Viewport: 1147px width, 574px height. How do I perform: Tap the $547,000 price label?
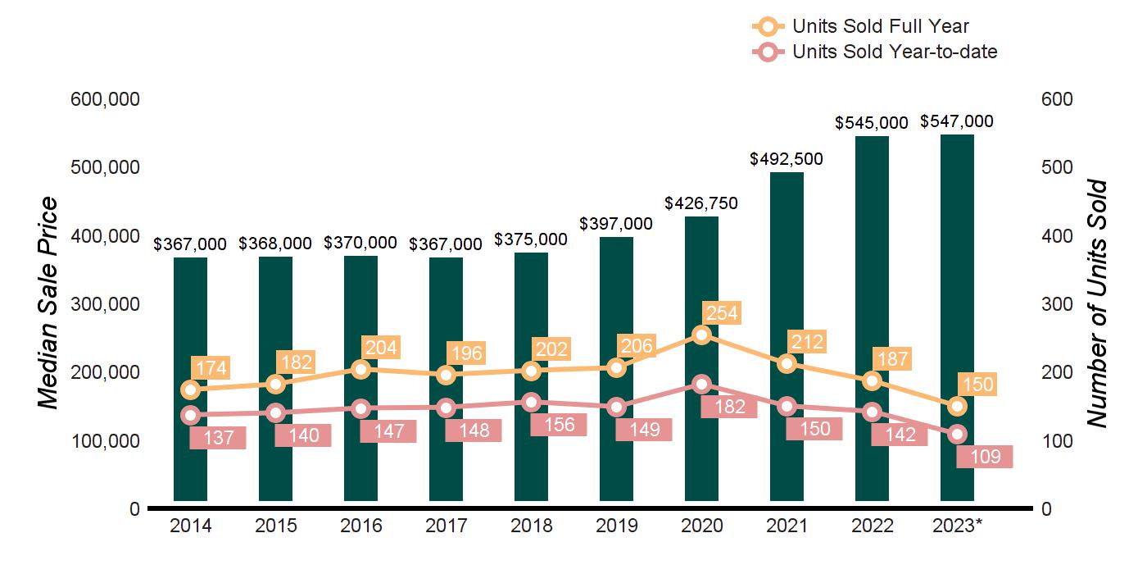957,121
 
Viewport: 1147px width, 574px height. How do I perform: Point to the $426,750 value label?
701,203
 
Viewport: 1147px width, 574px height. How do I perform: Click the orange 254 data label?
721,312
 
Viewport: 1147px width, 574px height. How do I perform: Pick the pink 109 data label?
985,456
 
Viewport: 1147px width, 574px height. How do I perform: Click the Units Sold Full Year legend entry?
881,27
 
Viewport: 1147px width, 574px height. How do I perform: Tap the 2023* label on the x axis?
958,526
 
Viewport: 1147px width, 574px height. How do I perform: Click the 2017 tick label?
446,526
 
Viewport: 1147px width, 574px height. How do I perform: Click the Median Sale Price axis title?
50,303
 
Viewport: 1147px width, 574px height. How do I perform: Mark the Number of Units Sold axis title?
1096,303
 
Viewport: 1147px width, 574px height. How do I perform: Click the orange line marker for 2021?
787,363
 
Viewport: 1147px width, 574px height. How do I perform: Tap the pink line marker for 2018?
531,402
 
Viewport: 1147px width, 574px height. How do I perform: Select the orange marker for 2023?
957,407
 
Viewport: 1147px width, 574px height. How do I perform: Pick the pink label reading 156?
559,425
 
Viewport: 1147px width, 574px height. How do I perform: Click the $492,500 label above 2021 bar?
787,159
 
